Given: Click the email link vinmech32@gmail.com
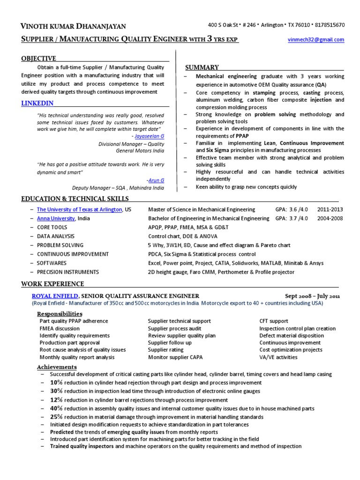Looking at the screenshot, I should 315,40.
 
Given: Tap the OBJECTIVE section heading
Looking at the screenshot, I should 38,59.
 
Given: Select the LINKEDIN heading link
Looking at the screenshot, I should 37,103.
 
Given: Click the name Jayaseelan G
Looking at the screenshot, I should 149,135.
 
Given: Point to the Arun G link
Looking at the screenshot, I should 156,180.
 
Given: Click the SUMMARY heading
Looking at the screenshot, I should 202,67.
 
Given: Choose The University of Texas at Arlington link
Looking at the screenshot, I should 80,210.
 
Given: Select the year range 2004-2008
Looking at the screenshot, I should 330,218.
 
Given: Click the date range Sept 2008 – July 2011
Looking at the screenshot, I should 313,296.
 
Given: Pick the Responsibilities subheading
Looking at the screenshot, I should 60,313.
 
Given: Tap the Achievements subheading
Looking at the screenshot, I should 57,367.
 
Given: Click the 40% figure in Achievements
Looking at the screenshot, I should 56,408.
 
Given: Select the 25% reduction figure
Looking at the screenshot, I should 56,417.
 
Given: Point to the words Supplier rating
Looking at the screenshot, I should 165,350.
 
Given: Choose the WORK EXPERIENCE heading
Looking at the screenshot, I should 53,284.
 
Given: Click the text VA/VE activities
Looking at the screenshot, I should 278,357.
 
